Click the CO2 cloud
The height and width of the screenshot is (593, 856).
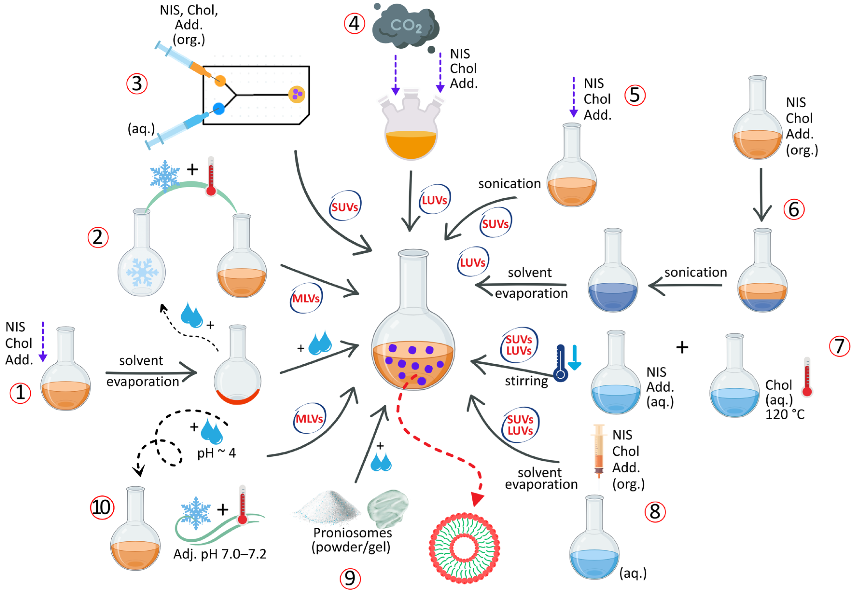[405, 26]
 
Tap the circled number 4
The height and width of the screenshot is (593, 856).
[354, 23]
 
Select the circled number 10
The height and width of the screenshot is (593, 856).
[102, 508]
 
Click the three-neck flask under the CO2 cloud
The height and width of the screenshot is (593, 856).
[411, 130]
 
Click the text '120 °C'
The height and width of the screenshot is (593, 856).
[785, 414]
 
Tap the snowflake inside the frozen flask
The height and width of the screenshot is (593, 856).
[142, 272]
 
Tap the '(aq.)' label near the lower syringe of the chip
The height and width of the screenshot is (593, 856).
[141, 129]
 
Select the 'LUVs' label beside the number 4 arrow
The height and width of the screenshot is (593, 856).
[434, 201]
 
